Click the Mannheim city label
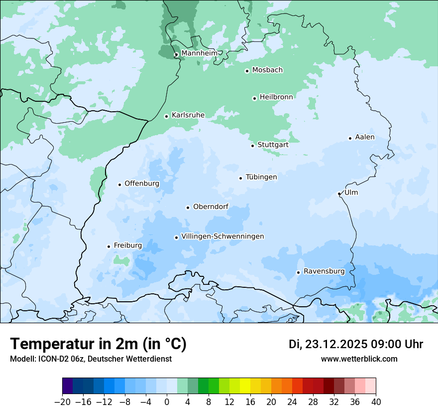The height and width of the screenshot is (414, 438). coord(199,53)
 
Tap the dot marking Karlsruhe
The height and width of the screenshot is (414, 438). coord(167,116)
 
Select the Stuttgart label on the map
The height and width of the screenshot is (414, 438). coord(273,145)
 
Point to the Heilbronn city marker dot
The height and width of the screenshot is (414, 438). coord(254,98)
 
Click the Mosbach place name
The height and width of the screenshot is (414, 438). coord(267,70)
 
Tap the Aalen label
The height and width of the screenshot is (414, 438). coord(365,137)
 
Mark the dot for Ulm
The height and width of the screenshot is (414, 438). coord(339,194)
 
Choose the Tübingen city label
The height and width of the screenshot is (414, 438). coord(261,177)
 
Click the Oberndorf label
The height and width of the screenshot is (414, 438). coord(211,207)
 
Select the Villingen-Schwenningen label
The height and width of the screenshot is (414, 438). coord(222,236)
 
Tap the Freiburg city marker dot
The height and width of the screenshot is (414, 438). coord(109,246)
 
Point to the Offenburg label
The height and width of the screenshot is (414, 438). coord(142,184)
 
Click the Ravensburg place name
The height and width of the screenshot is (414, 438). coord(324,271)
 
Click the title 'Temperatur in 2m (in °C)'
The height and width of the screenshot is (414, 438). coord(98,344)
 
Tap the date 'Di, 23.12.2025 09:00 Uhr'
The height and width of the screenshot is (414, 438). coord(356,344)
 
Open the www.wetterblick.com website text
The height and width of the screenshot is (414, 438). coord(359,359)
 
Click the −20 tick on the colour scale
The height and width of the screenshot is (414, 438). coord(62,402)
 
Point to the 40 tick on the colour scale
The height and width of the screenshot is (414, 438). coord(376,402)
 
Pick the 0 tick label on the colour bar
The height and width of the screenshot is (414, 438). coord(167,402)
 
